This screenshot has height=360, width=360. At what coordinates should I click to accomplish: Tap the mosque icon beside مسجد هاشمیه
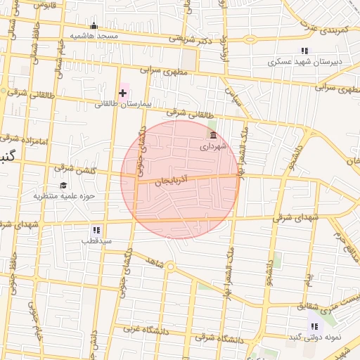(x=94, y=26)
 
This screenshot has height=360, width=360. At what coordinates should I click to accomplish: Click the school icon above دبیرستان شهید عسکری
(x=304, y=51)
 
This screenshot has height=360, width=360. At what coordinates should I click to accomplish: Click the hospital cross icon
(x=122, y=93)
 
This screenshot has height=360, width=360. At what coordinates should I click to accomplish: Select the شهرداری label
(x=213, y=146)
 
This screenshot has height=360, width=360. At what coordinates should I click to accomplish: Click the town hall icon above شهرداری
(x=213, y=135)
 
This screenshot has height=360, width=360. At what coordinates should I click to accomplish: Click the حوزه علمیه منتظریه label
(x=64, y=195)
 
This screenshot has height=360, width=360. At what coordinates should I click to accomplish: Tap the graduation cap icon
(x=63, y=185)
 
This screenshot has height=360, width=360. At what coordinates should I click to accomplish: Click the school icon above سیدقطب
(x=96, y=230)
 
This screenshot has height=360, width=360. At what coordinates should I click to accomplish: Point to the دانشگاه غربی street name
(x=143, y=328)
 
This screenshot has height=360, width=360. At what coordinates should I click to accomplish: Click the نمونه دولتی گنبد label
(x=313, y=337)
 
